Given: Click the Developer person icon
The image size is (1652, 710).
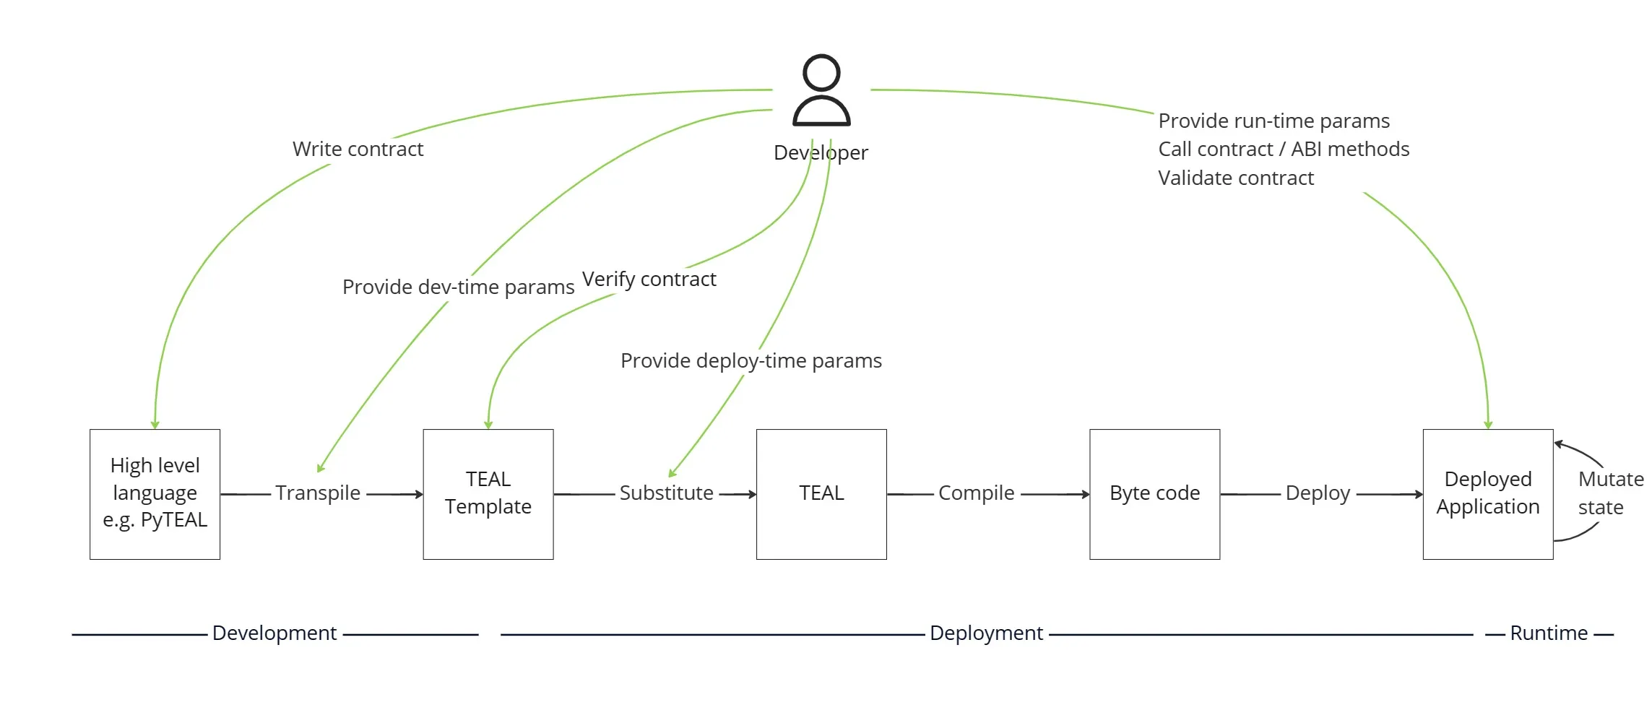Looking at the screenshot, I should tap(821, 91).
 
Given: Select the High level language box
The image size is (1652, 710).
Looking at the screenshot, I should tap(155, 494).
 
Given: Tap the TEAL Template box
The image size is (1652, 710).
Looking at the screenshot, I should tap(488, 494).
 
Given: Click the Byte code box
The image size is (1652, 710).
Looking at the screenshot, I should tap(1154, 494).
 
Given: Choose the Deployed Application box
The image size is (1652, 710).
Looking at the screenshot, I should tap(1487, 494).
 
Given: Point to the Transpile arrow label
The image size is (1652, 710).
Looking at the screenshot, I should tap(318, 493).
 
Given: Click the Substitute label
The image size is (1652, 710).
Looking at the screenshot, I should tap(666, 493).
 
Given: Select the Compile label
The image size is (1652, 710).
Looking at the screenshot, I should tap(976, 493).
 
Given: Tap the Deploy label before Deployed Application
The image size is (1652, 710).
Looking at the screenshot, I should tap(1318, 493).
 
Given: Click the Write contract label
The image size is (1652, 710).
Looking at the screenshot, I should tap(358, 150).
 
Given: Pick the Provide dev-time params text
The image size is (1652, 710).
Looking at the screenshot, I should tap(458, 287).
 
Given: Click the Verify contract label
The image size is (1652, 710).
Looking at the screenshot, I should tap(649, 280).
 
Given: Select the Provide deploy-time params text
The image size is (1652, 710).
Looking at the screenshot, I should tap(751, 361).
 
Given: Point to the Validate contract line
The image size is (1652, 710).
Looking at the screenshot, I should tap(1235, 178).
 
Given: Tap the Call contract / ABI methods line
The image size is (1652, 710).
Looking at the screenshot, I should tap(1283, 150).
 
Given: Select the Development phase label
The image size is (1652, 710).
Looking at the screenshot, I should tap(274, 633).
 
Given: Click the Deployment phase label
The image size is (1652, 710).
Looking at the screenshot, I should tap(986, 633).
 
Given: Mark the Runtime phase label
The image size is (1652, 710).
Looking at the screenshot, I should tap(1548, 633).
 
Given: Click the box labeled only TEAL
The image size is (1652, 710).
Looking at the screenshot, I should tap(821, 494).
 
